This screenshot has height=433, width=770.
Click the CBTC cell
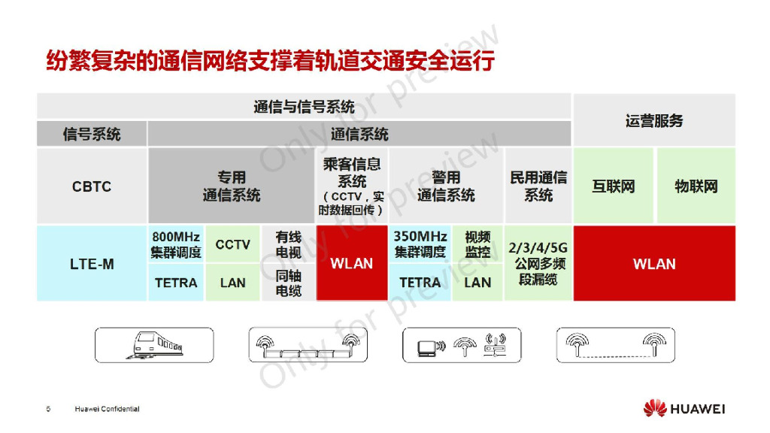(x=92, y=186)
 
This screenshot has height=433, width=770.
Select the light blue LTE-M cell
(x=92, y=264)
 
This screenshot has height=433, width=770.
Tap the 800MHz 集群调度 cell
(x=176, y=244)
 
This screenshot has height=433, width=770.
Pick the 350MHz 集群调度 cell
(x=420, y=244)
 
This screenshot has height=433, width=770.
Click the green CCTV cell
(x=232, y=244)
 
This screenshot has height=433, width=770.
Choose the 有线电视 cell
(x=289, y=244)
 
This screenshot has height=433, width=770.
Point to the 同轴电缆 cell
(x=289, y=283)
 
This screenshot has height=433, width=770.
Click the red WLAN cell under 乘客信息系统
(x=352, y=264)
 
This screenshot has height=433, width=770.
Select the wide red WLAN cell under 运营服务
(x=654, y=264)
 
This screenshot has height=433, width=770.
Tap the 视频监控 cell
(x=477, y=244)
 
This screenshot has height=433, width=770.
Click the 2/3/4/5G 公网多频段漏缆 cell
(x=538, y=264)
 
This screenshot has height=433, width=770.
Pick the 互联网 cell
(x=613, y=186)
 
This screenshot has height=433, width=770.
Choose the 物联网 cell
(x=696, y=186)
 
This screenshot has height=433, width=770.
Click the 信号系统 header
(x=92, y=135)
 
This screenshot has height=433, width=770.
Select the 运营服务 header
(x=654, y=120)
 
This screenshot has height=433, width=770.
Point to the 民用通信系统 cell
(x=538, y=186)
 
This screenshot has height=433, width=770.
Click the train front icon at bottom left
(x=153, y=346)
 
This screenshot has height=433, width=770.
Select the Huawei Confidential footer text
(x=107, y=409)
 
